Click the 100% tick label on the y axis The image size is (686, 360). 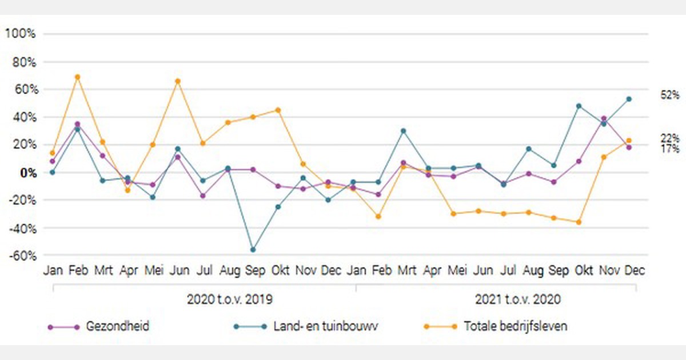[x=20, y=34]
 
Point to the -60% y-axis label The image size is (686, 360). [x=21, y=255]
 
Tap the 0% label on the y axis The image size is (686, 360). [x=26, y=173]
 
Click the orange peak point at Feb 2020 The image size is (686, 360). [x=77, y=77]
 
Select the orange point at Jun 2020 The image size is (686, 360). [x=178, y=81]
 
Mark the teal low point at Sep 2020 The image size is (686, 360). [x=253, y=250]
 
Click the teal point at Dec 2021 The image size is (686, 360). [x=629, y=99]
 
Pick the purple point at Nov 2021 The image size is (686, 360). [x=604, y=119]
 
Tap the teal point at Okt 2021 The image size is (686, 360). [x=579, y=106]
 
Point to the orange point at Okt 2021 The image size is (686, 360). [x=579, y=222]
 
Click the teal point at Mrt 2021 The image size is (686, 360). [x=403, y=131]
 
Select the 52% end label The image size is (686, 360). [x=670, y=95]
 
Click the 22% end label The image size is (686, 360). [x=670, y=138]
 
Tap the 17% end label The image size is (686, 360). [x=670, y=149]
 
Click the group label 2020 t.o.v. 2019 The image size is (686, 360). [x=229, y=299]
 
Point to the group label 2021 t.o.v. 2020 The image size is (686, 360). [x=518, y=299]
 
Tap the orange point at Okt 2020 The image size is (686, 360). [x=278, y=110]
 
